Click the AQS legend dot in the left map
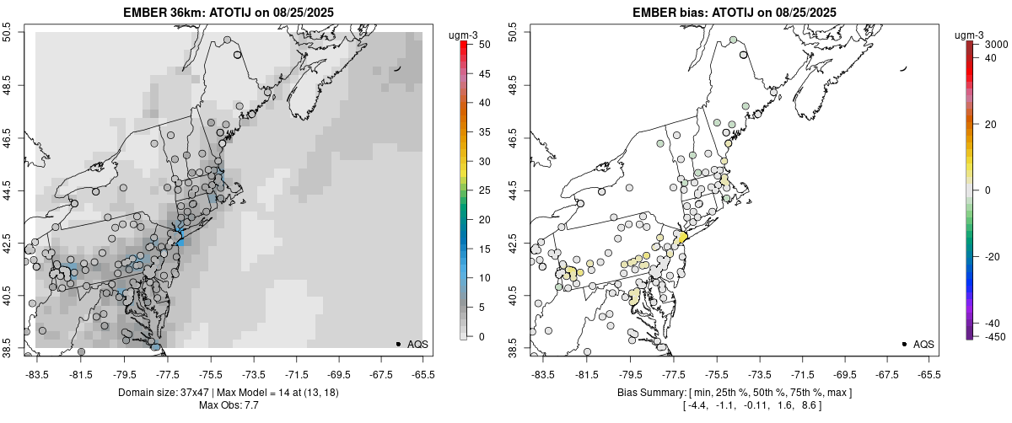tap(398, 344)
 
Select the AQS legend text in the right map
tap(923, 344)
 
